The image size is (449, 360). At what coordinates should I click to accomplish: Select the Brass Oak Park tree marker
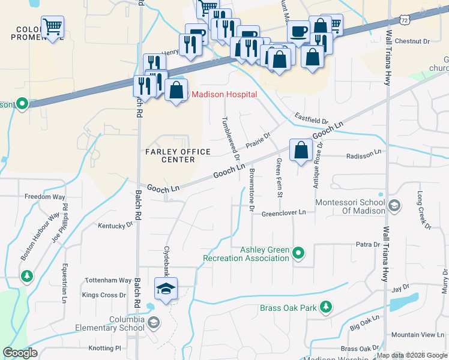(326, 308)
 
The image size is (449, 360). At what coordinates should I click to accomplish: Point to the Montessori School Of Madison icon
(394, 206)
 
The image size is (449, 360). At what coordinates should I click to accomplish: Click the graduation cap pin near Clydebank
(165, 289)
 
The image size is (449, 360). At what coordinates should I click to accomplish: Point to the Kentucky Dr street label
(115, 226)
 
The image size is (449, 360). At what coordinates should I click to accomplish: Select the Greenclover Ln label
(283, 212)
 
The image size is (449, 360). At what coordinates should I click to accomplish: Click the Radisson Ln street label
(364, 155)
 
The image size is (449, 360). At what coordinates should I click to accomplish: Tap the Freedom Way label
(44, 196)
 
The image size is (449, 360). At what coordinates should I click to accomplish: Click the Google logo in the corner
(20, 353)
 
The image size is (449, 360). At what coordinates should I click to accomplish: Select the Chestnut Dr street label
(413, 41)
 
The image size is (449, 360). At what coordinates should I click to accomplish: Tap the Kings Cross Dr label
(104, 295)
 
